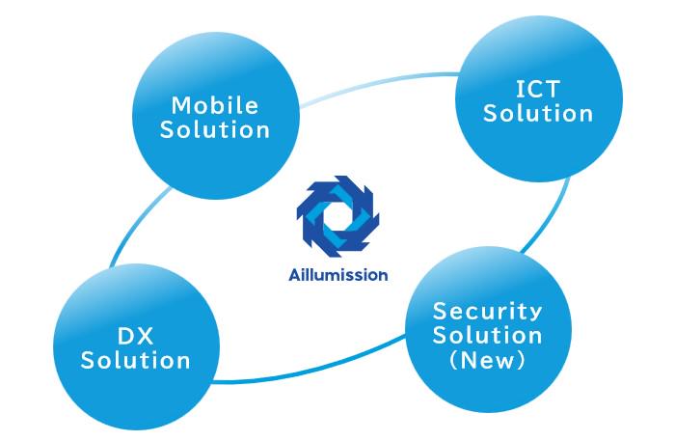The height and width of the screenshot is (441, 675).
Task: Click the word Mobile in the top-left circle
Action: pos(215,105)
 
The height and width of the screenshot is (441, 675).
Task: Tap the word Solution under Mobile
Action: pos(215,129)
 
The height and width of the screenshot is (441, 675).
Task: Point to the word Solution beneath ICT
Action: pos(538,114)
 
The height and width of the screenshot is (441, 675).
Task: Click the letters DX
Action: pos(135,337)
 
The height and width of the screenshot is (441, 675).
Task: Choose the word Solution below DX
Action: pos(135,362)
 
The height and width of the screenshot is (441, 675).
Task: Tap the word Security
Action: pos(487,312)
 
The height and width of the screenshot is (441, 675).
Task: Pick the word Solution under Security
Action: pos(487,336)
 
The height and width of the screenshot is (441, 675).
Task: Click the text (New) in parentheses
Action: pos(487,361)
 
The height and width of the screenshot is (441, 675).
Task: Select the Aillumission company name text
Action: pos(337,275)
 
